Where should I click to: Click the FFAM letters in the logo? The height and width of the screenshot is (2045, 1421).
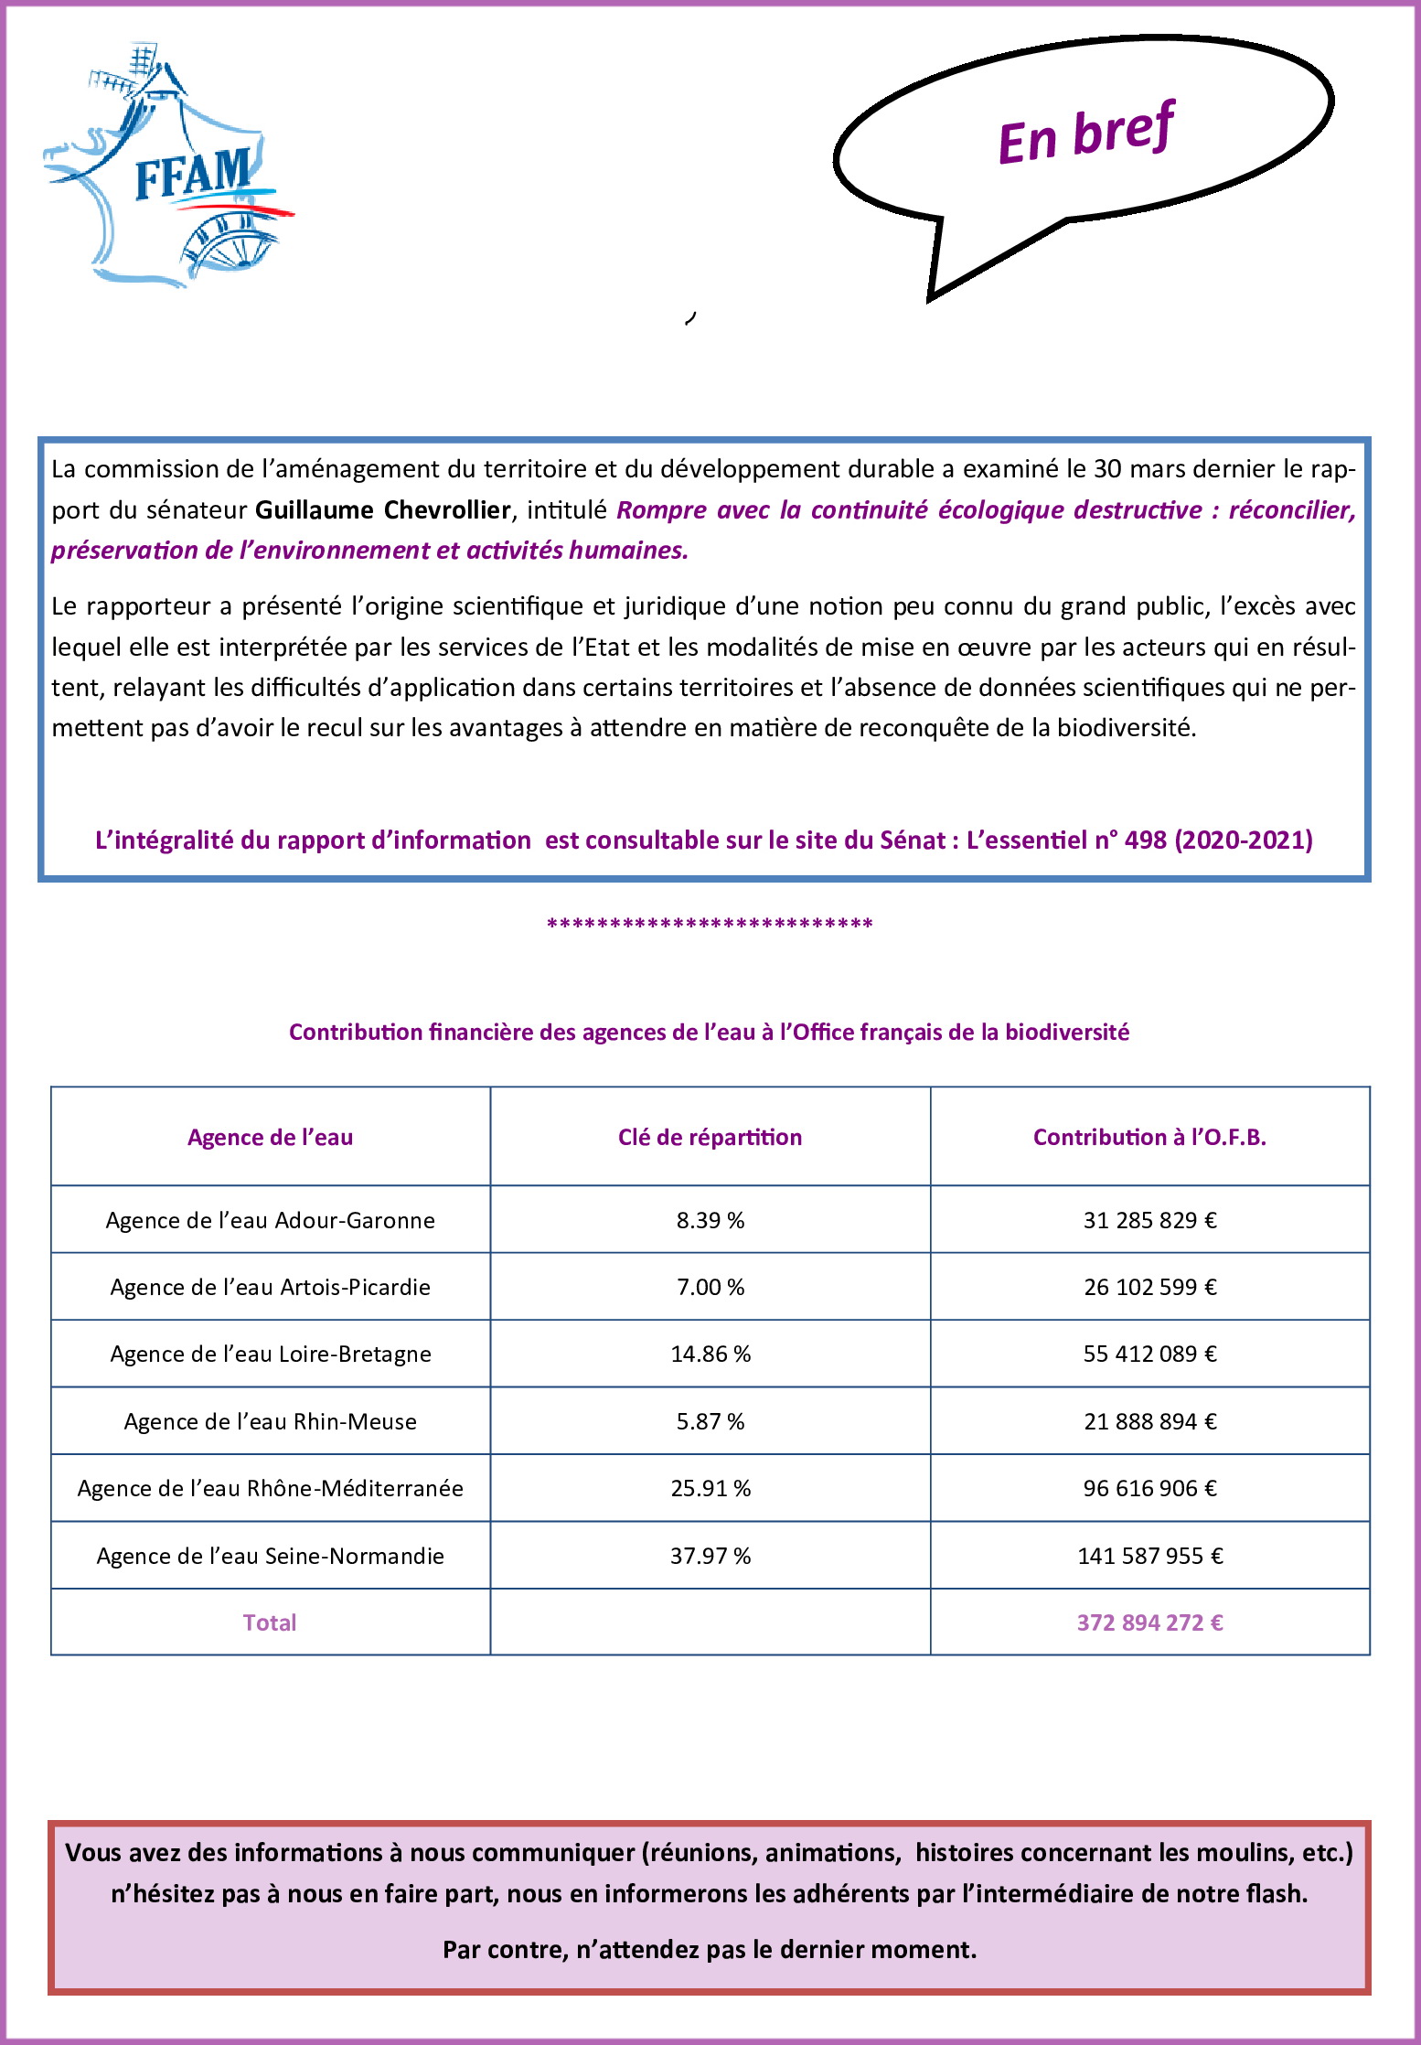(x=193, y=173)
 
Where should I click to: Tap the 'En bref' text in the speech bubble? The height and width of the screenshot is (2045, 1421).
(x=1085, y=134)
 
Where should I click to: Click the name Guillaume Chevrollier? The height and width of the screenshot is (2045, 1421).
(x=382, y=509)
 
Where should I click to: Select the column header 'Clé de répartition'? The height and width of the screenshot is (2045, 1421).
(x=710, y=1137)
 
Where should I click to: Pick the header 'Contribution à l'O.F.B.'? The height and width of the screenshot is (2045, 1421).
(x=1149, y=1137)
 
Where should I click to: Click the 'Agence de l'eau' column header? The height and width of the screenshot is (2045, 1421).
(x=270, y=1137)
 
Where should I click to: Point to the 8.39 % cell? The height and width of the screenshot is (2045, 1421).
(x=710, y=1220)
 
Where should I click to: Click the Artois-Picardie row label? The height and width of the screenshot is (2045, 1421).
(x=270, y=1287)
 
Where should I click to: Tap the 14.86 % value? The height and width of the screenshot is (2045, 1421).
(x=710, y=1354)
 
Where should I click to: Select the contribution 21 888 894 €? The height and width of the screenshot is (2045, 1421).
(x=1149, y=1421)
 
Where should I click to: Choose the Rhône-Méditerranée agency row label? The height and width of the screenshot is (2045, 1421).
(x=270, y=1488)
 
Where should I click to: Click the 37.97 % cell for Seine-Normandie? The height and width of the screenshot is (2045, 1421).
(x=710, y=1556)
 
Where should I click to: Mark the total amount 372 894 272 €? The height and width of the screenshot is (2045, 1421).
(x=1149, y=1622)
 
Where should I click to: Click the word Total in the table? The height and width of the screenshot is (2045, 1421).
(x=270, y=1622)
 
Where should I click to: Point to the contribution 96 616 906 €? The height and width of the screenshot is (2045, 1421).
(x=1149, y=1488)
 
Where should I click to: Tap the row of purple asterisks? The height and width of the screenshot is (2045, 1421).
(x=710, y=924)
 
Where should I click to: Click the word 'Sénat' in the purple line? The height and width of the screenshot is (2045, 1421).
(x=912, y=840)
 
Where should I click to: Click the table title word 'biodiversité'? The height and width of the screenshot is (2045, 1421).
(x=1067, y=1032)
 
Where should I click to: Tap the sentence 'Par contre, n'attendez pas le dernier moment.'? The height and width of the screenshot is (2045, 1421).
(x=710, y=1949)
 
